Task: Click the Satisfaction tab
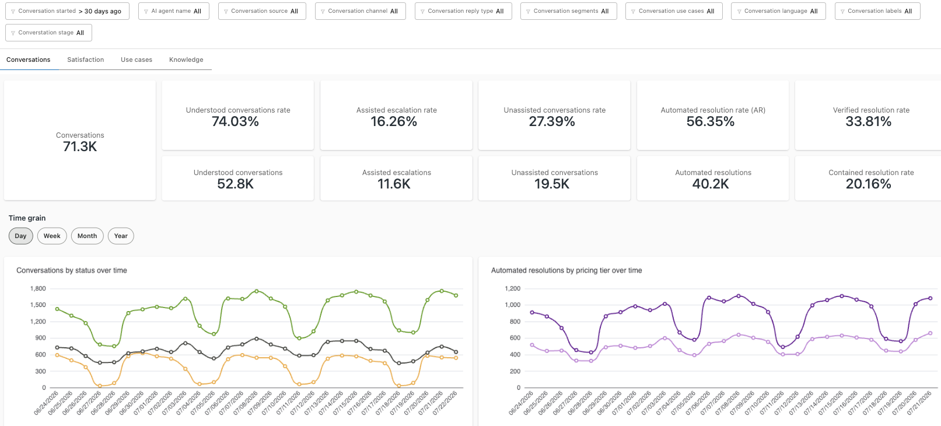(85, 60)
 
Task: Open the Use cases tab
(137, 60)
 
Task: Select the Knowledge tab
(186, 60)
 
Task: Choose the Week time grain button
(52, 236)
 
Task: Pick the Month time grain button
(87, 236)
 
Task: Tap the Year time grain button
(121, 236)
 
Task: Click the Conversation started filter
(67, 11)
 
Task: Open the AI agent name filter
(173, 11)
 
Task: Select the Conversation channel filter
(361, 11)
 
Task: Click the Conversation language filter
(778, 11)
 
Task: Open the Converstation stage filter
(49, 32)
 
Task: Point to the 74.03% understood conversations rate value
(235, 121)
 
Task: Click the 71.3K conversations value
(80, 146)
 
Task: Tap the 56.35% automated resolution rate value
(711, 121)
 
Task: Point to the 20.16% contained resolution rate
(868, 184)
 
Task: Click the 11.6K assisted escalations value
(394, 184)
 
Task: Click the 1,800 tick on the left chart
(38, 289)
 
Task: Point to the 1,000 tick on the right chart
(513, 305)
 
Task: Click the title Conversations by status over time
(71, 270)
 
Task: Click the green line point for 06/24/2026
(57, 309)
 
